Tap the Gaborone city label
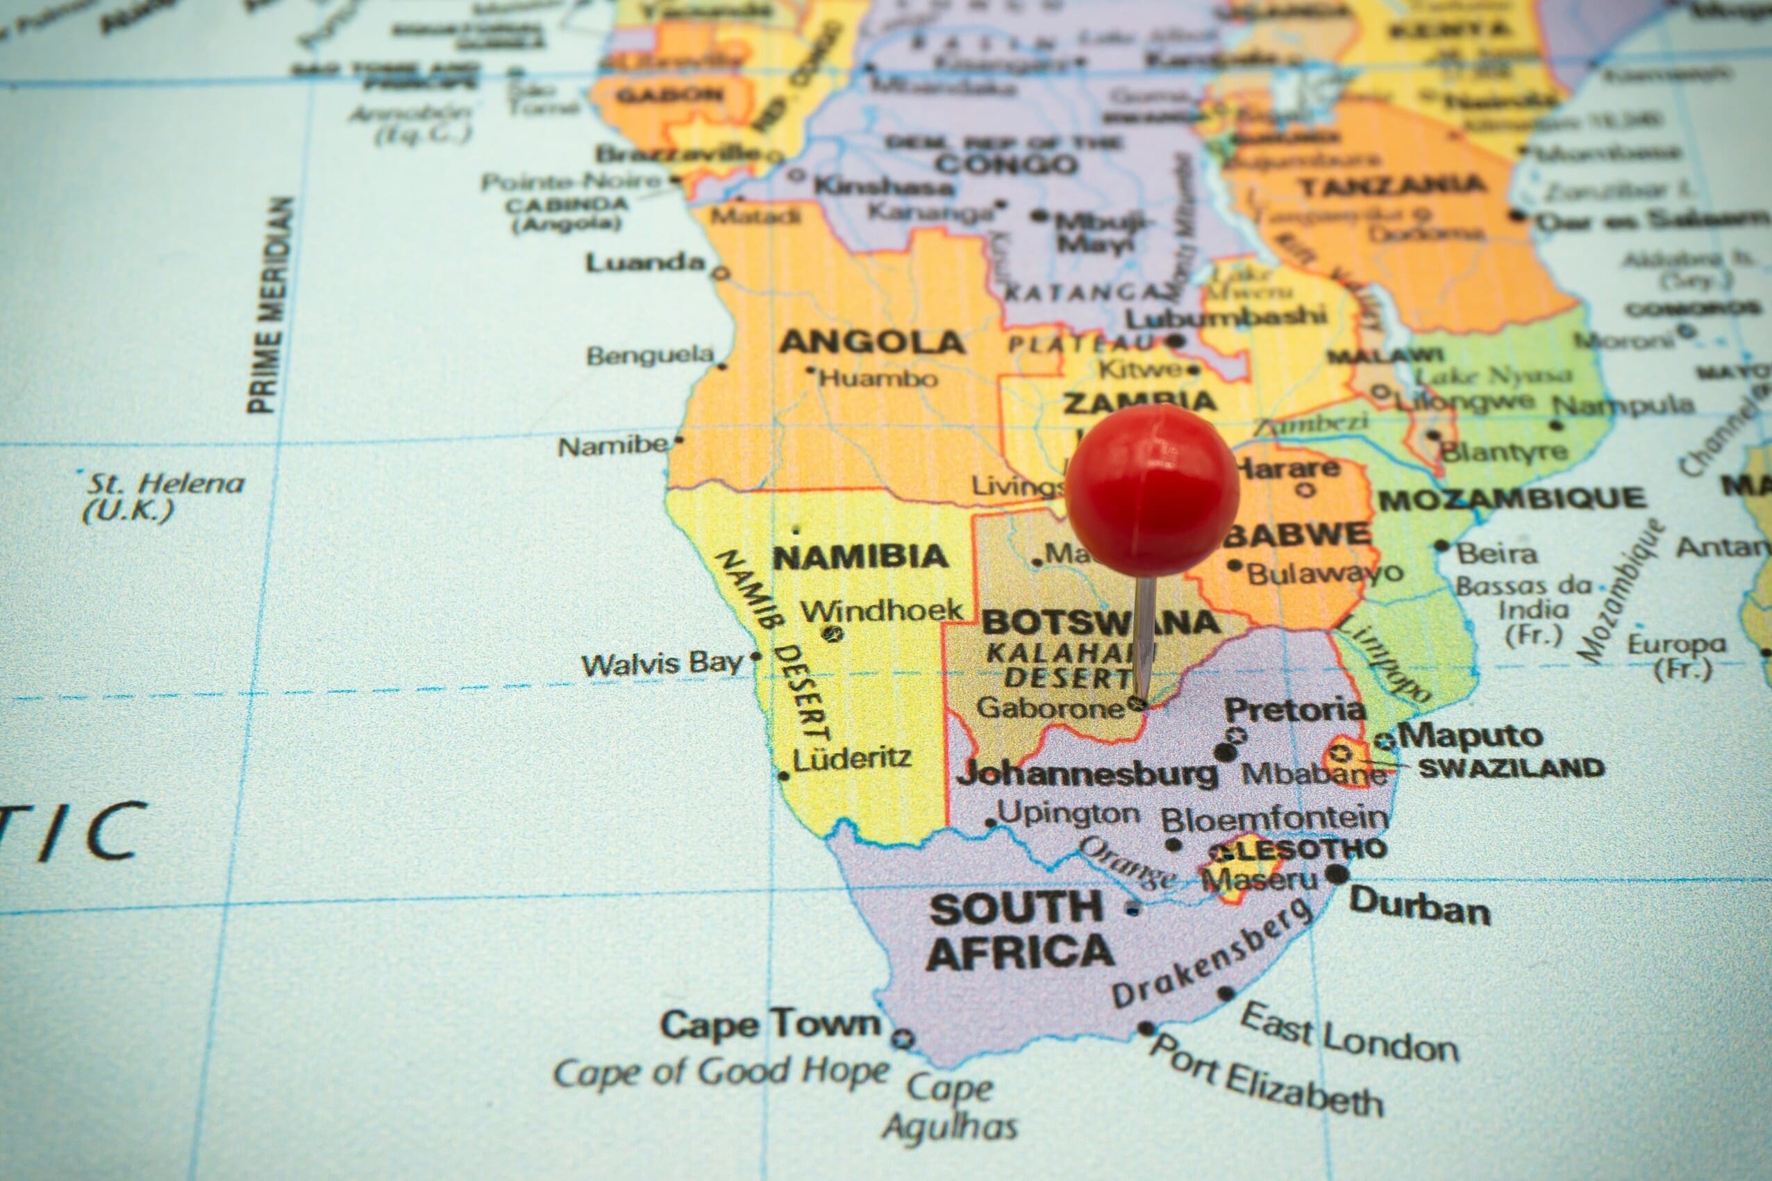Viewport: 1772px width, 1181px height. click(1051, 708)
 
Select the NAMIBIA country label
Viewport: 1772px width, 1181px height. click(860, 558)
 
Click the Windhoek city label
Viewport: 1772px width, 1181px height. click(881, 610)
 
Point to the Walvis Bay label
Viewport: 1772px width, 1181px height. click(662, 664)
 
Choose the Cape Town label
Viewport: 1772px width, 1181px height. click(769, 1023)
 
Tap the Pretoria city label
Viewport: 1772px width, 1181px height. click(1294, 710)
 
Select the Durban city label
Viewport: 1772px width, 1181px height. click(1419, 907)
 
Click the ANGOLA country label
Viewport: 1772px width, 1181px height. click(871, 343)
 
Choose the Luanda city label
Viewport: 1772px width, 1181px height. click(645, 263)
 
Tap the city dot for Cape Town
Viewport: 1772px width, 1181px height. click(903, 1040)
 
